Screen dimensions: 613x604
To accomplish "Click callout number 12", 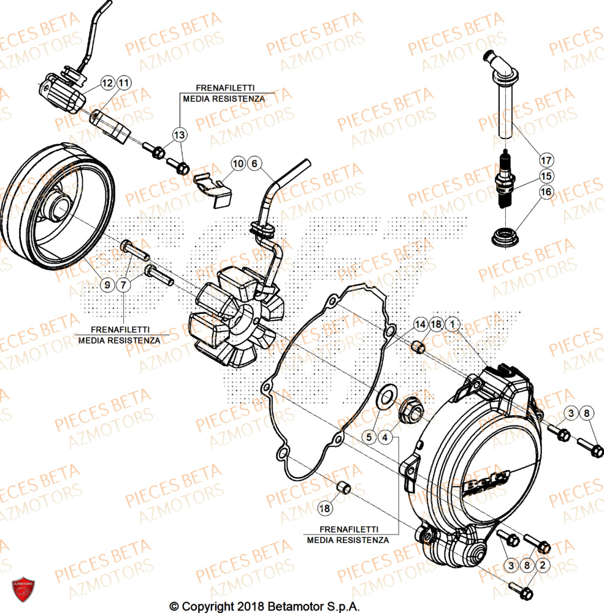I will tap(107, 82).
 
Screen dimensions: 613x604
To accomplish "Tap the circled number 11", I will tap(123, 82).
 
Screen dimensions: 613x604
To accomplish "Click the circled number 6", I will tap(254, 163).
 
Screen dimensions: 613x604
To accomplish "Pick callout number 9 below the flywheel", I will tap(107, 284).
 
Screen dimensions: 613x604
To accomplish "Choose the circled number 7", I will tap(124, 284).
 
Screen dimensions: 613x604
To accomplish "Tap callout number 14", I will tap(420, 324).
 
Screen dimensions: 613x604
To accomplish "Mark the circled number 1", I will tap(453, 324).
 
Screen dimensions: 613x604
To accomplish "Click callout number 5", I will tap(369, 437).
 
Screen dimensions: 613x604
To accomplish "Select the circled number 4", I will tap(384, 437).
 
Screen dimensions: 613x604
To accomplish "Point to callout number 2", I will tap(542, 565).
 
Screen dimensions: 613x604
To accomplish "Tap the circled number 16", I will tap(546, 192).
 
